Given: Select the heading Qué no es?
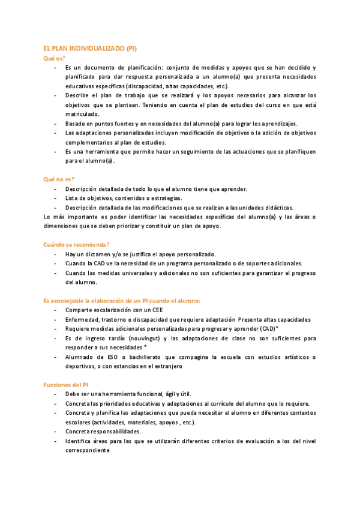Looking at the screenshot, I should point(59,179).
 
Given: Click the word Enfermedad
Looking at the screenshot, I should point(83,320).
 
